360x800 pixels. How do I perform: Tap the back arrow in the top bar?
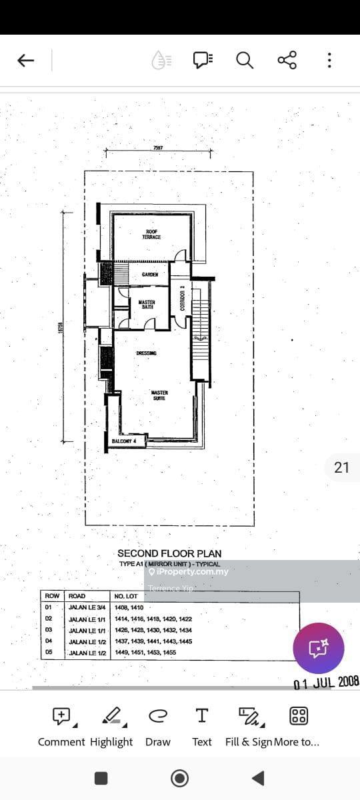(25, 61)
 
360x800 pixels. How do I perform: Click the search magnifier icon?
(245, 61)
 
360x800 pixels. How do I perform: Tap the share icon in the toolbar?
(287, 61)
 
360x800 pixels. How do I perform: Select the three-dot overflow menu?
(329, 61)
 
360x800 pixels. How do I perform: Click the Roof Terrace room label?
(151, 235)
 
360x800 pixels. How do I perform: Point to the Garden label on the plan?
(150, 275)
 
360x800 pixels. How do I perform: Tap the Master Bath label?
(147, 305)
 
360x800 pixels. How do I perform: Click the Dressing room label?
(147, 353)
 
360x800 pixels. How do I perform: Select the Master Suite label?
(159, 395)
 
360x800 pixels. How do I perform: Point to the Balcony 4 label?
(124, 441)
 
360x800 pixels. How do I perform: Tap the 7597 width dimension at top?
(158, 148)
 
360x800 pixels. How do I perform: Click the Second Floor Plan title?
(169, 553)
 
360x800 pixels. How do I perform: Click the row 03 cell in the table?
(48, 630)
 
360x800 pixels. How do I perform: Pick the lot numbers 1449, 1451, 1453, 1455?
(145, 653)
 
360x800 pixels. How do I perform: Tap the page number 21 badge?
(341, 467)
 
